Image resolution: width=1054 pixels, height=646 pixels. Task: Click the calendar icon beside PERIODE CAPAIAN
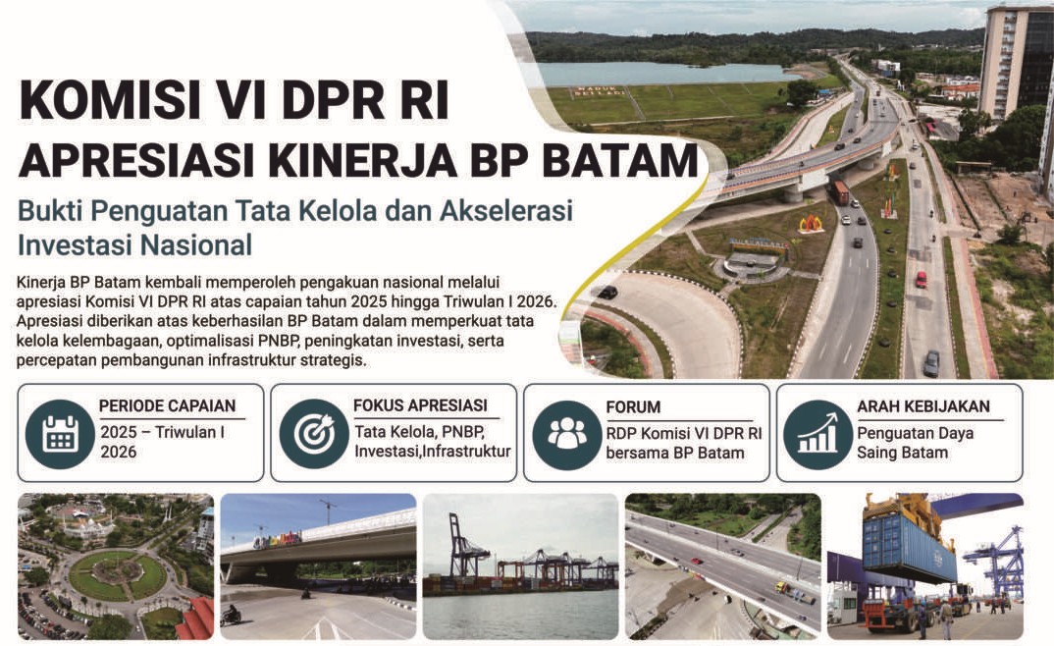point(60,434)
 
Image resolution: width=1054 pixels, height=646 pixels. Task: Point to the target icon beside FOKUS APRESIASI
point(313,434)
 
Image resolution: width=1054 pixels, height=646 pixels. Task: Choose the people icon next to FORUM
point(566,434)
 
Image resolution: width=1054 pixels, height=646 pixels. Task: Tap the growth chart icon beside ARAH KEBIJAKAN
point(817,434)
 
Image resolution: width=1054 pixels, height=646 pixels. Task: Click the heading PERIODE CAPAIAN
point(168,406)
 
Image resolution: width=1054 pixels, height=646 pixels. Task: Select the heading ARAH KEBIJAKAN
point(922,406)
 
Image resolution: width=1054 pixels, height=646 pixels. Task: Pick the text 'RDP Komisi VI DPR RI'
point(684,434)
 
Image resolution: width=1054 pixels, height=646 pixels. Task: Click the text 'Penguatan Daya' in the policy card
point(915,433)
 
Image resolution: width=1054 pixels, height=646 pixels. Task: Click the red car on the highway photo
point(921,279)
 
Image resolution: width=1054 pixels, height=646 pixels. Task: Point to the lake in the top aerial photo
point(662,72)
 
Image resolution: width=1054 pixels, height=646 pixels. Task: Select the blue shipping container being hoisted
point(908,549)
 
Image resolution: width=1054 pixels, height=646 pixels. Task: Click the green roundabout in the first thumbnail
point(118,575)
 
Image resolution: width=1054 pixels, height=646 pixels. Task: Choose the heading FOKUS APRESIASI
point(420,405)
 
